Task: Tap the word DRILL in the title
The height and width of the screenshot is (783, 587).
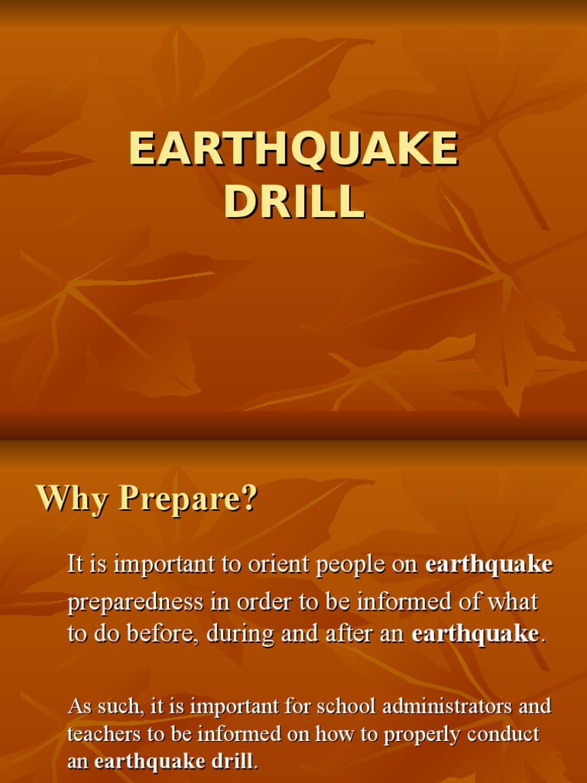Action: click(x=293, y=201)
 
